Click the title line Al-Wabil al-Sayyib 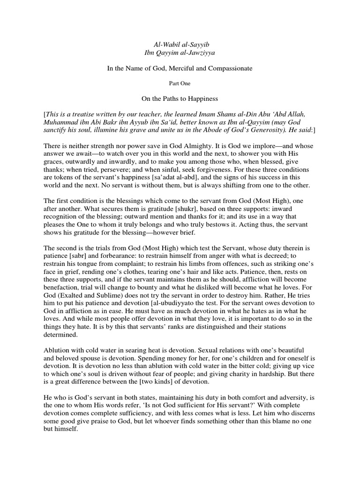point(180,44)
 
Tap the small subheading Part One point(180,83)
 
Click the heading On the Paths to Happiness point(180,99)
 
